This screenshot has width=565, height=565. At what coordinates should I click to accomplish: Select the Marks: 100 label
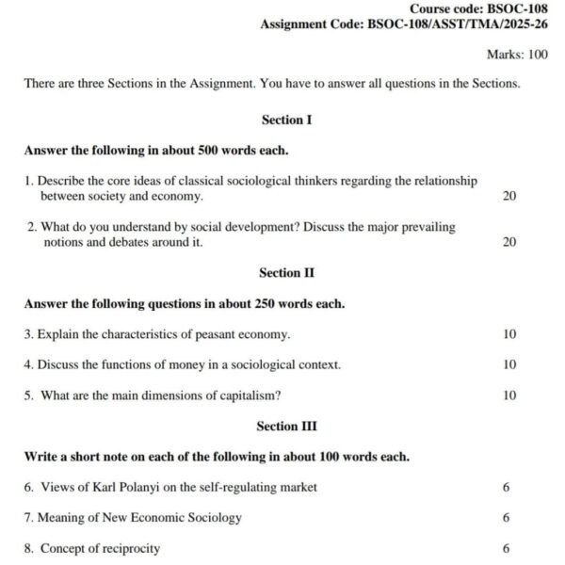[x=517, y=55]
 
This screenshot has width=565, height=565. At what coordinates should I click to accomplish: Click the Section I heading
[x=286, y=121]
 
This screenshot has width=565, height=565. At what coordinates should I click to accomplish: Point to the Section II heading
[x=286, y=273]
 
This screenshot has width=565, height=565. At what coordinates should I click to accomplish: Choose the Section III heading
[x=286, y=427]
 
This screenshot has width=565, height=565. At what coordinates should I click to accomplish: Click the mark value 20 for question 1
[x=509, y=196]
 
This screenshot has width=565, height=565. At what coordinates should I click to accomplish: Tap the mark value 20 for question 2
[x=509, y=242]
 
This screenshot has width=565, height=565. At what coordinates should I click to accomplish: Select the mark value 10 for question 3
[x=509, y=334]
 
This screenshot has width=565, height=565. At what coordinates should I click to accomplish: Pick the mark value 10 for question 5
[x=509, y=395]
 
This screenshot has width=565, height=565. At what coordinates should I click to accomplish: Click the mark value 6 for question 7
[x=507, y=518]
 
